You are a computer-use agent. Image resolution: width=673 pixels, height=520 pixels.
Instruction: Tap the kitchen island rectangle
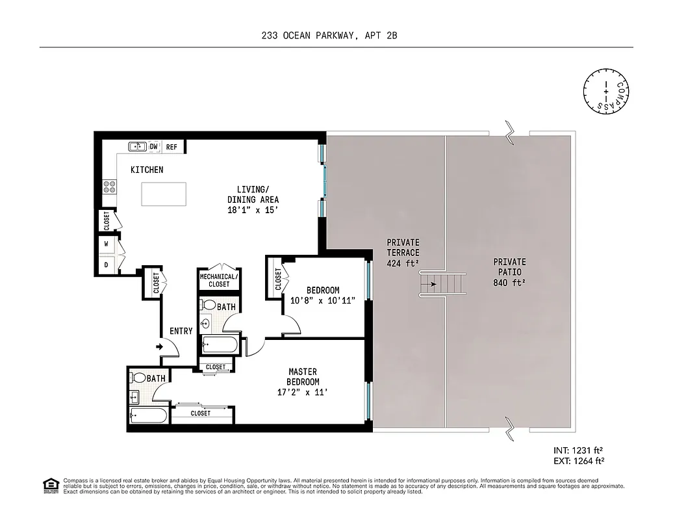coord(164,194)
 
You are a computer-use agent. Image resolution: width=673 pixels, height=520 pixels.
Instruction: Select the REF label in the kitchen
coord(171,148)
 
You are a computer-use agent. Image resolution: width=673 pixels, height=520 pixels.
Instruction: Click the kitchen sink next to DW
coord(137,147)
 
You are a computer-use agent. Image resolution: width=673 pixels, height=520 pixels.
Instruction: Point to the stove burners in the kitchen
coord(109,187)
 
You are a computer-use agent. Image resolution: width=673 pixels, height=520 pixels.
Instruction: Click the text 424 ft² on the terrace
coord(403,263)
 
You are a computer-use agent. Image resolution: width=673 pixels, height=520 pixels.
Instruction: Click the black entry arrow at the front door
coord(160,347)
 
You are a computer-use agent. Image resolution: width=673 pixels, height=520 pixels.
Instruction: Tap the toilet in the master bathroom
coord(138,378)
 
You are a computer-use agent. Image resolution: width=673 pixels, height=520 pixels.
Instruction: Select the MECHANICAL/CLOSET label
coord(219,280)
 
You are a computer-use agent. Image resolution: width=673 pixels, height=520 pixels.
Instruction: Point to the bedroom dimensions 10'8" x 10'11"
coord(322,300)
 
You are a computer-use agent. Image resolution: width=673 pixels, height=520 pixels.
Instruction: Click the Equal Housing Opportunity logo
coord(50,486)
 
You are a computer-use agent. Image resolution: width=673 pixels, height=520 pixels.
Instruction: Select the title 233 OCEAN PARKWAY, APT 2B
coord(336,37)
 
